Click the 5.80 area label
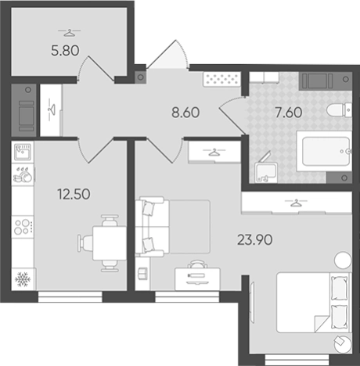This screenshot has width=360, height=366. [x=65, y=50]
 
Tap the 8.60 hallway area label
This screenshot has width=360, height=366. [x=185, y=113]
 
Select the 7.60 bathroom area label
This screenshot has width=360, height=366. [x=289, y=113]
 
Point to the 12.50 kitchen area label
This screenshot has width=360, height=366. [x=74, y=194]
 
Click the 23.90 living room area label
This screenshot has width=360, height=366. [x=254, y=239]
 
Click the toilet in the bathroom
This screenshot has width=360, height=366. [x=339, y=110]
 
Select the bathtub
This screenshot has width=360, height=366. [x=325, y=151]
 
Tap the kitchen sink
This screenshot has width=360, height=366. [x=23, y=152]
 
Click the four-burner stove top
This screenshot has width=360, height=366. [x=23, y=227]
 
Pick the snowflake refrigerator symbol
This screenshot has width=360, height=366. [x=23, y=279]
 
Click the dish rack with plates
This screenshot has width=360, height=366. [x=23, y=174]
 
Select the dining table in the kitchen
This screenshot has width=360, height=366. [x=110, y=243]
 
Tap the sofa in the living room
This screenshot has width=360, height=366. [x=152, y=227]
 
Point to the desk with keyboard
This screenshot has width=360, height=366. [x=197, y=279]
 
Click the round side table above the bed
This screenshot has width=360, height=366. [x=343, y=260]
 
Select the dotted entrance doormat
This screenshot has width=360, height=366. [x=221, y=79]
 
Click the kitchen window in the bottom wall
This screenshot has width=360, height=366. [x=70, y=296]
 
